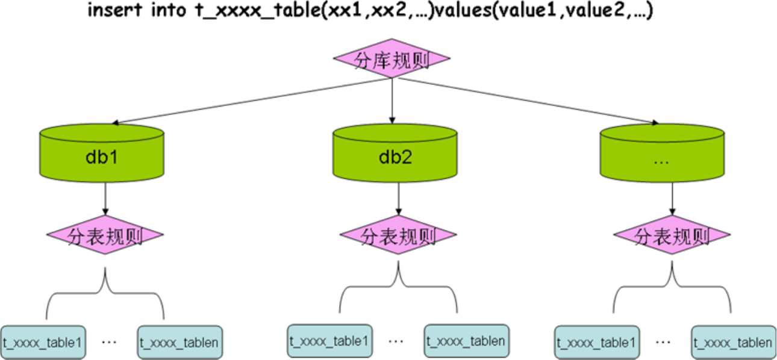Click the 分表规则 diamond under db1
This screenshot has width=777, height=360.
[106, 235]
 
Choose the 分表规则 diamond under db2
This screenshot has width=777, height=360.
[398, 235]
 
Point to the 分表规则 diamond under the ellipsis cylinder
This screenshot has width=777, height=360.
[671, 235]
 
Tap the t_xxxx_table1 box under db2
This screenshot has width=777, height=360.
[328, 341]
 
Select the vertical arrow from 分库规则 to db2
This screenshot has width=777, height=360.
[392, 99]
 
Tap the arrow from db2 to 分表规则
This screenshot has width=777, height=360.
[398, 199]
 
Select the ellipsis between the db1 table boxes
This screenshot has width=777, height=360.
[110, 342]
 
